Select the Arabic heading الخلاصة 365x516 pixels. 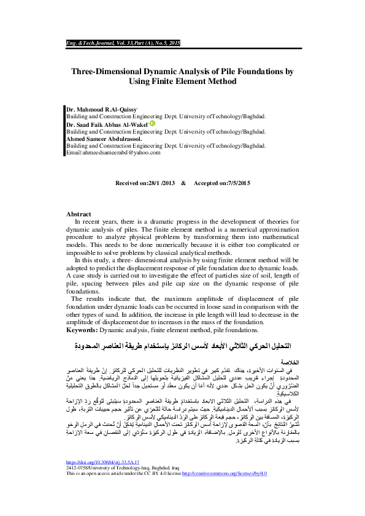click(291, 363)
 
